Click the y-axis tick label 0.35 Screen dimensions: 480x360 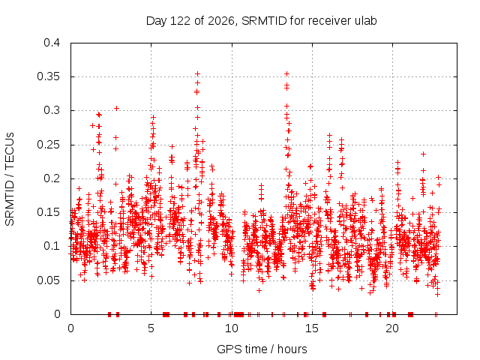48,76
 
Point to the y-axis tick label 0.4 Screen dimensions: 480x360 52,43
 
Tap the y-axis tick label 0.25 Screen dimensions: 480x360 48,145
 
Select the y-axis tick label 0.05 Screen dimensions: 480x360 48,280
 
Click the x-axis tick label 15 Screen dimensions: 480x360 312,328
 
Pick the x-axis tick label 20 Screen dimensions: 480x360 392,328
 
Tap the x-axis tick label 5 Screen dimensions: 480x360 151,328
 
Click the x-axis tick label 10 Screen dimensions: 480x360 232,328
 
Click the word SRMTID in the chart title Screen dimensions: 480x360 264,21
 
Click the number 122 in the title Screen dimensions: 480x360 180,21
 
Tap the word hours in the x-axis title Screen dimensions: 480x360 292,349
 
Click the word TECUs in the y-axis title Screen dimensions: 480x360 10,151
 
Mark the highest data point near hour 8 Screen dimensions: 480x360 198,73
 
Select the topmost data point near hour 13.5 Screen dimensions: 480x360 286,73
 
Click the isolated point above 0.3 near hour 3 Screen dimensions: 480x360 117,108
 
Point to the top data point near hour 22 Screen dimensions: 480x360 423,154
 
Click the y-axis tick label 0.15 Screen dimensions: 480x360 48,212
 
